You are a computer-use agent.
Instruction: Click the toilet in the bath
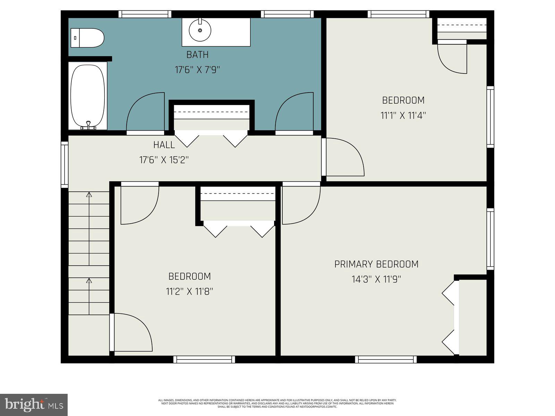click(x=87, y=38)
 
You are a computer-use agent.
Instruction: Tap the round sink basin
click(x=200, y=30)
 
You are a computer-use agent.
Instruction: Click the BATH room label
click(x=197, y=55)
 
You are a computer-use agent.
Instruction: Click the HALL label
click(x=164, y=145)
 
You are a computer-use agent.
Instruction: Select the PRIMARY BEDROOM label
click(x=376, y=264)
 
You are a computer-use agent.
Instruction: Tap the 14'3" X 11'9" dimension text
click(x=376, y=279)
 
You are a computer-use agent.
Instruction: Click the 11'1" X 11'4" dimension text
click(x=403, y=115)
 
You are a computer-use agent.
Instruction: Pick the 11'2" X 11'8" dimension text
click(x=189, y=292)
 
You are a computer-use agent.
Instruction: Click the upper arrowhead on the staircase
click(x=89, y=194)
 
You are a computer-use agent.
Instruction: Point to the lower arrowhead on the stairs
click(x=89, y=280)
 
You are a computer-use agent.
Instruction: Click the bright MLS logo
click(x=34, y=405)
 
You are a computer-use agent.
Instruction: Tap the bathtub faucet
click(x=88, y=125)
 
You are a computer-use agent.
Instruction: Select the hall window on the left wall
click(x=65, y=164)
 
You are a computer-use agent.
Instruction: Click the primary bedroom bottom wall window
click(x=386, y=359)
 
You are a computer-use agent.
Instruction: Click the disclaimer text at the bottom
click(x=277, y=403)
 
